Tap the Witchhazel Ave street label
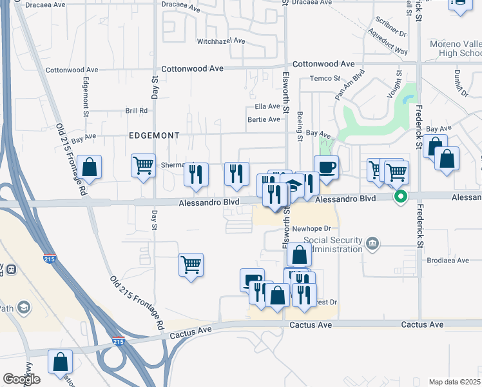(x=221, y=41)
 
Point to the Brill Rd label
(x=137, y=111)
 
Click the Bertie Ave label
(x=264, y=119)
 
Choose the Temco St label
(x=324, y=79)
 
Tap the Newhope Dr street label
(x=311, y=228)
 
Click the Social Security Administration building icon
(x=372, y=243)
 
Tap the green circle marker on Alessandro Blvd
(x=401, y=196)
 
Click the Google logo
(x=21, y=379)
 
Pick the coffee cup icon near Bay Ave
(x=326, y=167)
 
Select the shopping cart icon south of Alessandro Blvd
(x=191, y=263)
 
